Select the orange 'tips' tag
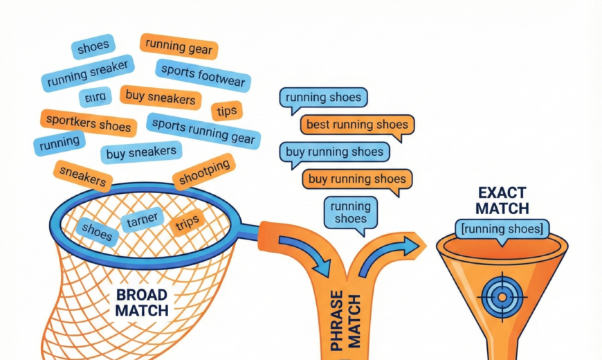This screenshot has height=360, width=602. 226,111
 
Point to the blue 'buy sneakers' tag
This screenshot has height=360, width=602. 141,152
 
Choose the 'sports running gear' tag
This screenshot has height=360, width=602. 203,132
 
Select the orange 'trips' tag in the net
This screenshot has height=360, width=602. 188,222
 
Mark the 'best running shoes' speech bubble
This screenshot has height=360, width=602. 357,125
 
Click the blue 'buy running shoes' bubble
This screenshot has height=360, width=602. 334,152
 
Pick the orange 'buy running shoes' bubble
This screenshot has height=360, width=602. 357,179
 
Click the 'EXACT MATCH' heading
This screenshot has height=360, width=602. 503,199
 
